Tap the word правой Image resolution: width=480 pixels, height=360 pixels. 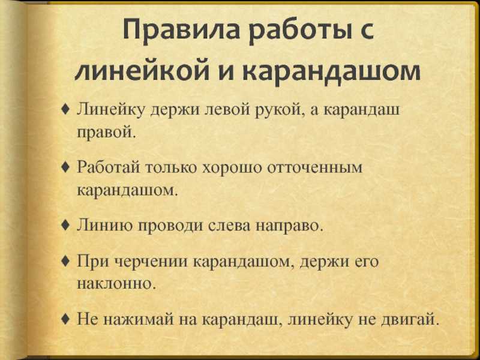(106, 132)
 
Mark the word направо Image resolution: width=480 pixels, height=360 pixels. (289, 226)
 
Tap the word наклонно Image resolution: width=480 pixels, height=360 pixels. (116, 283)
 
